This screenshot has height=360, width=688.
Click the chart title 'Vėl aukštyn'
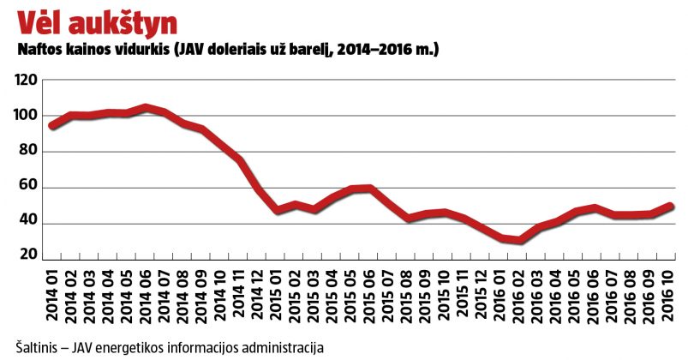tap(97, 24)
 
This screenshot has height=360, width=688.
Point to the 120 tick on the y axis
tap(27, 80)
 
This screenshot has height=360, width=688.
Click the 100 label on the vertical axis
tap(27, 116)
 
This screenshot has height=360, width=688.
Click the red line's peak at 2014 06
tap(147, 108)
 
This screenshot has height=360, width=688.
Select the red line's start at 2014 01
tap(53, 126)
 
